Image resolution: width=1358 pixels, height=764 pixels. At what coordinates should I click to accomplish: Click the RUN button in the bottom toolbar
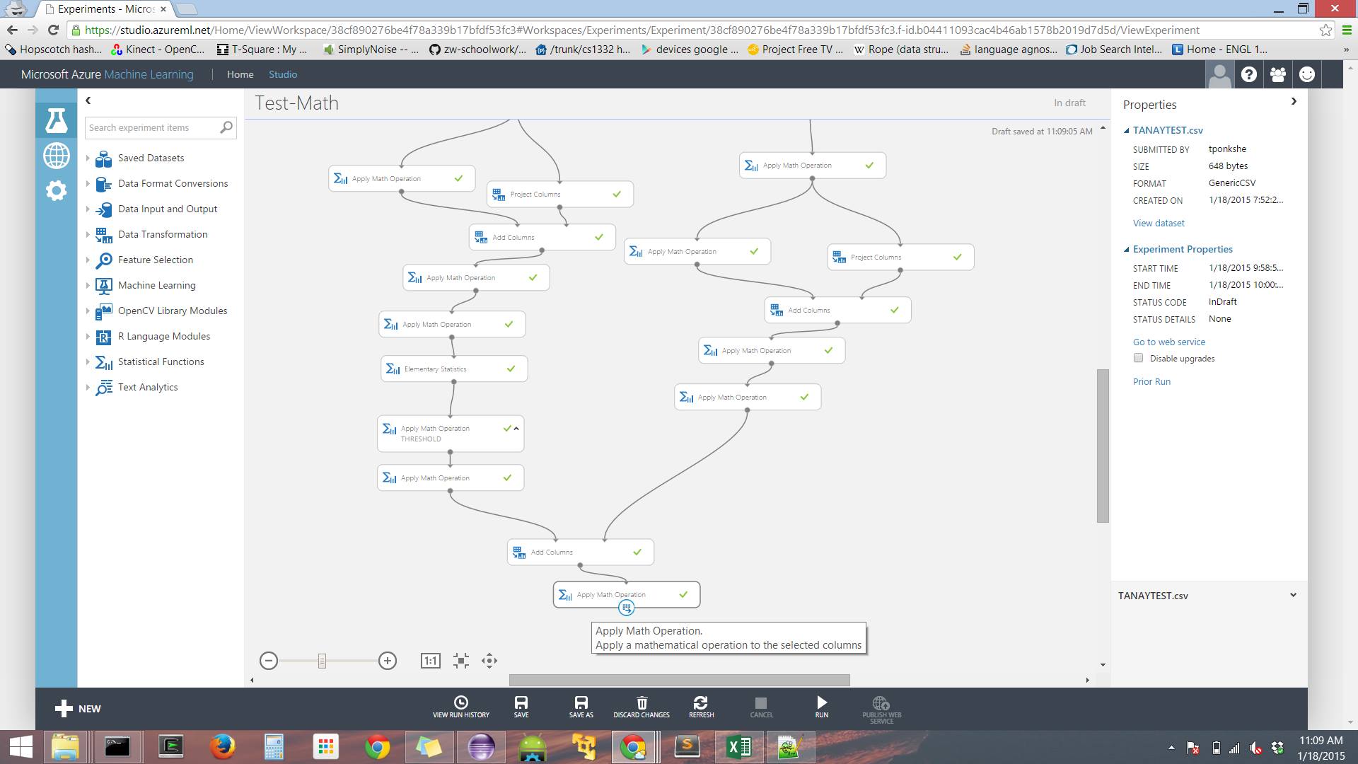click(821, 706)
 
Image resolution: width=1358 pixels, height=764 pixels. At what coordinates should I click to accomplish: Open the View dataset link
click(1159, 223)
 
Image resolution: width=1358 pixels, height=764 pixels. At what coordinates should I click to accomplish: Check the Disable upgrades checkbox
click(1138, 358)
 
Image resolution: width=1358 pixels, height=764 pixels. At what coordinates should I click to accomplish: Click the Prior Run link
click(1151, 381)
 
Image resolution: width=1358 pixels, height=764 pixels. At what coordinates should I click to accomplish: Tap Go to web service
click(1168, 342)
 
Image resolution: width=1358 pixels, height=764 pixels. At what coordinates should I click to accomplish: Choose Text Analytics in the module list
click(148, 387)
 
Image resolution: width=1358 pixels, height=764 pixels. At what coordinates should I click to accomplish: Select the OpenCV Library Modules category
click(173, 311)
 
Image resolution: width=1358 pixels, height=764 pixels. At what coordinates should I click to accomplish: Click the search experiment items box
click(152, 127)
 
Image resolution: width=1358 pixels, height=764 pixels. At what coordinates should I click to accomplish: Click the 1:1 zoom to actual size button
click(430, 661)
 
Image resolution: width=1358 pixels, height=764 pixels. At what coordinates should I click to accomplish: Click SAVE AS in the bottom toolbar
click(581, 706)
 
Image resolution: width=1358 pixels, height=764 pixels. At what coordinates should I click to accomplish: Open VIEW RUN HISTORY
click(460, 706)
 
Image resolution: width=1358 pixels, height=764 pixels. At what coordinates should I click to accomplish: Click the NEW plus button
click(78, 708)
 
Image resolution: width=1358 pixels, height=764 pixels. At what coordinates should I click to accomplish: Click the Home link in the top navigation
click(240, 74)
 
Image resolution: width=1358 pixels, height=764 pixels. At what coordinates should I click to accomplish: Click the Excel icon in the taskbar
click(738, 747)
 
